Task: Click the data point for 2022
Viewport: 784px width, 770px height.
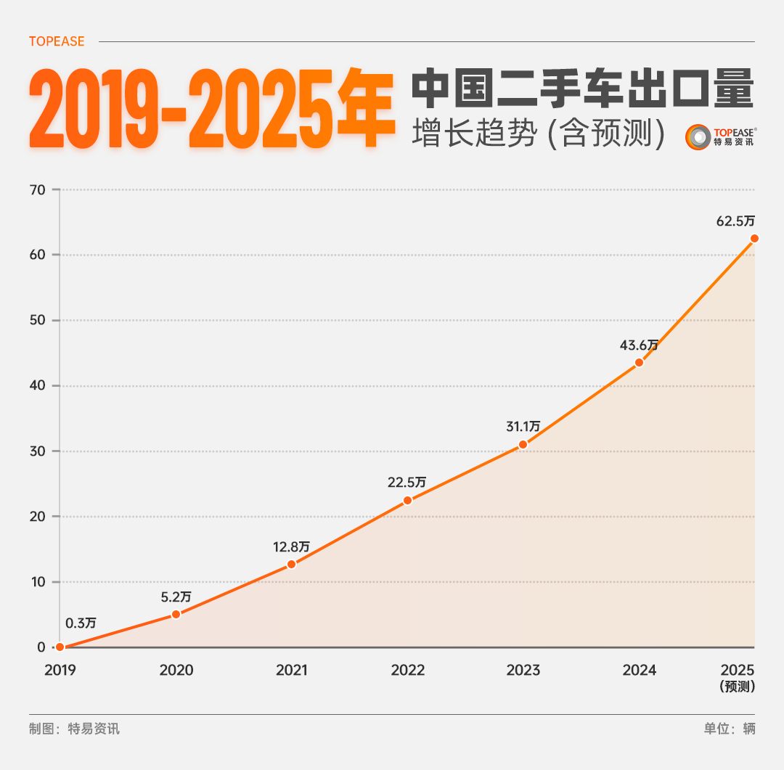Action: (407, 500)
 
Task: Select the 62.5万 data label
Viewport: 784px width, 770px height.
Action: (735, 221)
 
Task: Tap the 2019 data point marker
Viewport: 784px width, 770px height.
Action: (60, 647)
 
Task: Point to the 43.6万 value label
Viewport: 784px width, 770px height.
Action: (639, 345)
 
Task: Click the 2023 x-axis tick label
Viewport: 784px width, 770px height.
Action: (523, 670)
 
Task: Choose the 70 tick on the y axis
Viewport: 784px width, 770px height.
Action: (38, 190)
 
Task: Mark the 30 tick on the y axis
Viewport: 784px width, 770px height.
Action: (38, 451)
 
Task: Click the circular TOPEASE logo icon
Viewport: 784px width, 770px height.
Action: (698, 137)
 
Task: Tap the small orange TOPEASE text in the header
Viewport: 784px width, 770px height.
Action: (57, 41)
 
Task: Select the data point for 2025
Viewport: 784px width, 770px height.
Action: (754, 238)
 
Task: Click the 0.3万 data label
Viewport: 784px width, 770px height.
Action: (81, 623)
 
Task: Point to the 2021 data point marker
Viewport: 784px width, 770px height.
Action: (291, 564)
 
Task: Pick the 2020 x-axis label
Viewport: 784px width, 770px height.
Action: (176, 670)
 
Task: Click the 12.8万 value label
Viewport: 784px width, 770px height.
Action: (291, 546)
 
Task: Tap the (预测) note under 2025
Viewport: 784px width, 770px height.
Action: (738, 687)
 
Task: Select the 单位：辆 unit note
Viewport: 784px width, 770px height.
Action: (729, 729)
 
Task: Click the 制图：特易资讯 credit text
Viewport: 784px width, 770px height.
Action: (74, 729)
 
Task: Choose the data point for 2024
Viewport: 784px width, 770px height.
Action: (639, 362)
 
